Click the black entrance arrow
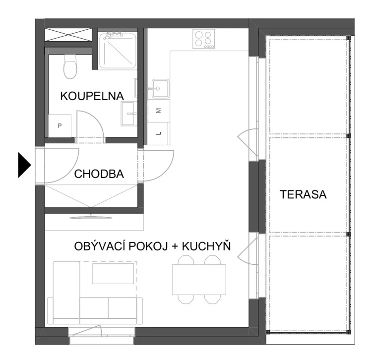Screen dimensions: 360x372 (x=24, y=165)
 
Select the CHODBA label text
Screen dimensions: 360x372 (x=99, y=174)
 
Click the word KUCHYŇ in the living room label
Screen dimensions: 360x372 (x=208, y=246)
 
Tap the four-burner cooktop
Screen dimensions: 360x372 (x=204, y=39)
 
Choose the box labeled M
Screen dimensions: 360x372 (x=159, y=111)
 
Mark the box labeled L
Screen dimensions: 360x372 (x=159, y=133)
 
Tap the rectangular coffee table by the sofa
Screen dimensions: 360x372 (x=113, y=274)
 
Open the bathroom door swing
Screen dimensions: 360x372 (x=89, y=127)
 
